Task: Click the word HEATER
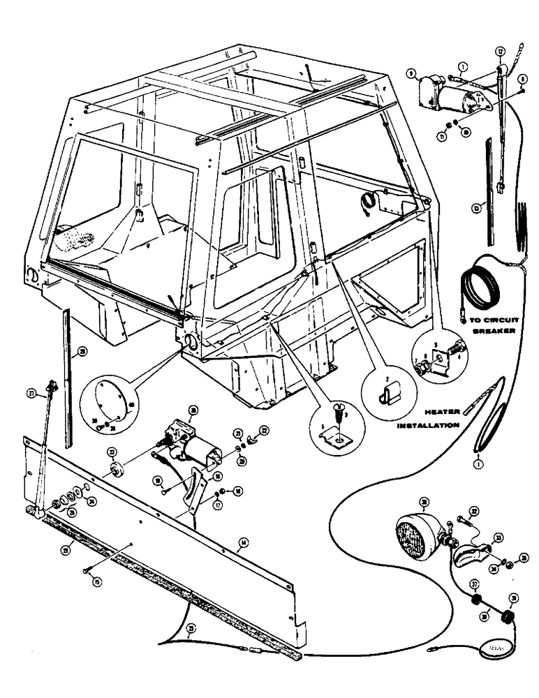[425, 413]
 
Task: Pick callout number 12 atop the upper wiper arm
[500, 51]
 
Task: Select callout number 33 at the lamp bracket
[499, 537]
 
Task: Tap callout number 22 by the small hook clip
[264, 430]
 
